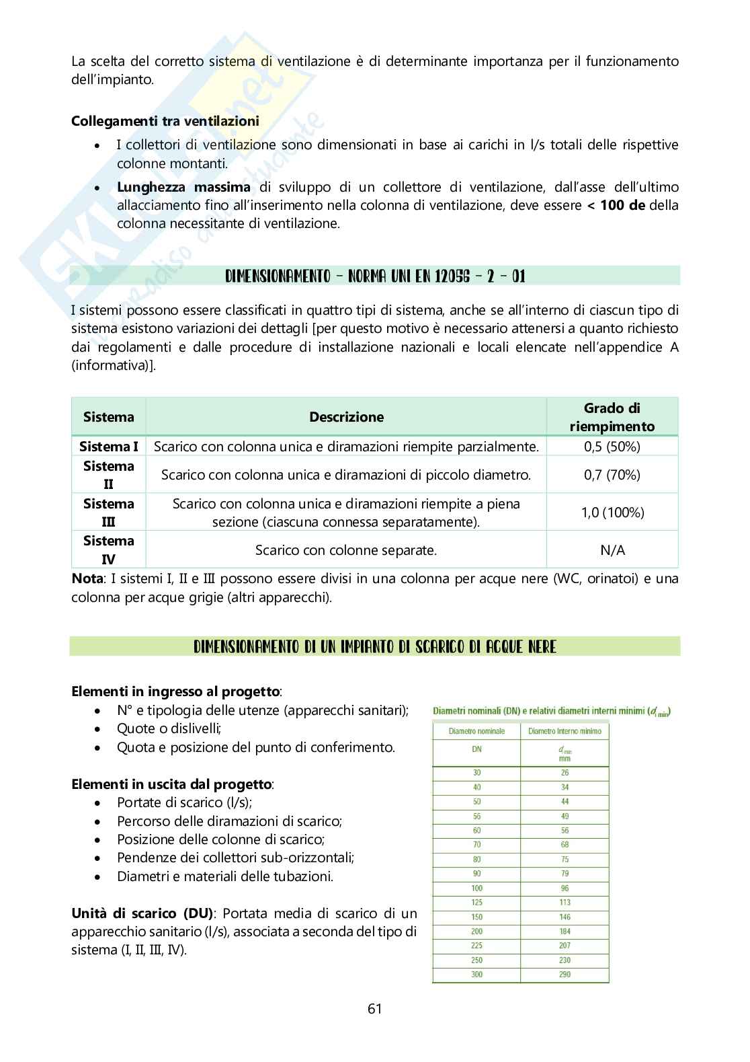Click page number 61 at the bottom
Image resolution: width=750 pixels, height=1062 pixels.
pos(374,1008)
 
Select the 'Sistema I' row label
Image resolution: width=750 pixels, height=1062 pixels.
pos(108,447)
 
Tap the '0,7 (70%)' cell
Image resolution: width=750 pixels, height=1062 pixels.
pos(612,475)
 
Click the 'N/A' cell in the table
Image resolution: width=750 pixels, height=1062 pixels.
pos(612,550)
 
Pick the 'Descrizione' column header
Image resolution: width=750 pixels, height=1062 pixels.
pos(346,417)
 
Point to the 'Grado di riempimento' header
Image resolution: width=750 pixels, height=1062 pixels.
pos(612,417)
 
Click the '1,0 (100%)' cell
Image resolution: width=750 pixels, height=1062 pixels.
pos(612,513)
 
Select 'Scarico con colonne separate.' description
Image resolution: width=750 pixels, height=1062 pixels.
pos(346,550)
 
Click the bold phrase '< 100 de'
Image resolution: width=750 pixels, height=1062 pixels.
pos(616,205)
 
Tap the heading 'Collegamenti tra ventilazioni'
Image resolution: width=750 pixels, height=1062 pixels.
pos(165,121)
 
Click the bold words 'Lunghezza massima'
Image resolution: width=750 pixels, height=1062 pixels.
pos(183,187)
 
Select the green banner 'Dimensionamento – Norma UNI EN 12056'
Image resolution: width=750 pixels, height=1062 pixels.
pos(374,276)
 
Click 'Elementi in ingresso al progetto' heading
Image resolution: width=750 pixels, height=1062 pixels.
pos(175,691)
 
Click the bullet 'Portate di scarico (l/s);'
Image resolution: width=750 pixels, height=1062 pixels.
pos(184,802)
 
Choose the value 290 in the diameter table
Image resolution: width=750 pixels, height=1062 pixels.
pos(565,975)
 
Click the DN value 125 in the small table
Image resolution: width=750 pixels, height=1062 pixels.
pos(476,903)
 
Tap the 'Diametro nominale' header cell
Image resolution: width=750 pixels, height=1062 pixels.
pos(476,731)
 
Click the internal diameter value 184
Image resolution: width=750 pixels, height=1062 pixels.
pos(565,932)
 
